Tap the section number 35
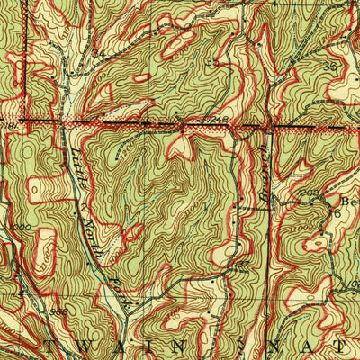pyautogui.click(x=212, y=62)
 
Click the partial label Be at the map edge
pyautogui.click(x=346, y=202)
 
